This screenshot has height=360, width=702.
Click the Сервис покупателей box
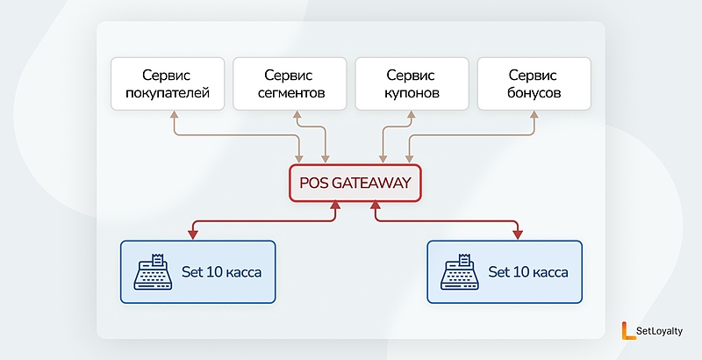point(167,83)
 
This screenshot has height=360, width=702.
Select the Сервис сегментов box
point(289,83)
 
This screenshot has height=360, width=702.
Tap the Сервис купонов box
point(411,83)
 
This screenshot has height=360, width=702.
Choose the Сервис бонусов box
point(534,83)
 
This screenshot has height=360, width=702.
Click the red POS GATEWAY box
point(355,184)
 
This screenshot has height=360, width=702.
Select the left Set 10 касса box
point(197,271)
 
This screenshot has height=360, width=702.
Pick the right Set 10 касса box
point(504,271)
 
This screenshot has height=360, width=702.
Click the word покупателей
point(167,93)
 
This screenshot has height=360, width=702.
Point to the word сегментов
point(289,93)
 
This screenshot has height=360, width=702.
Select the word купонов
point(411,93)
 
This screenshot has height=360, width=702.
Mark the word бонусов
point(534,93)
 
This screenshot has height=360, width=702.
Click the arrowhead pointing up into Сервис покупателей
point(175,115)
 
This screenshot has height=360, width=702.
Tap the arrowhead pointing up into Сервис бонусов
point(534,115)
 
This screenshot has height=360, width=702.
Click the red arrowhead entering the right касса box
point(518,234)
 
